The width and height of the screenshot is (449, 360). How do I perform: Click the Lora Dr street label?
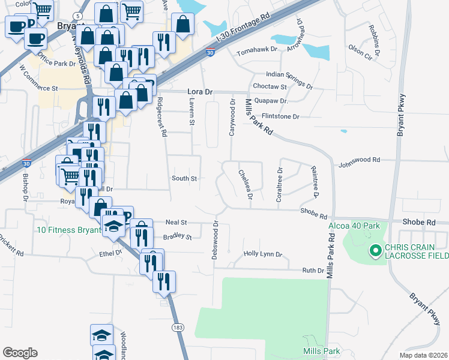[x=200, y=92]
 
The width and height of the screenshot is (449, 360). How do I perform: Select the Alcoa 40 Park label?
[x=354, y=226]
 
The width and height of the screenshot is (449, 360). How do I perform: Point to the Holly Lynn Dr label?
[x=262, y=254]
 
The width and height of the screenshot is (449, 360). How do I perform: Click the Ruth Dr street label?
[x=313, y=271]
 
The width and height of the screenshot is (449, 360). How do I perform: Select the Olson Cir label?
[x=360, y=49]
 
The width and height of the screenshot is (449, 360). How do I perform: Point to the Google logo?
[x=20, y=353]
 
